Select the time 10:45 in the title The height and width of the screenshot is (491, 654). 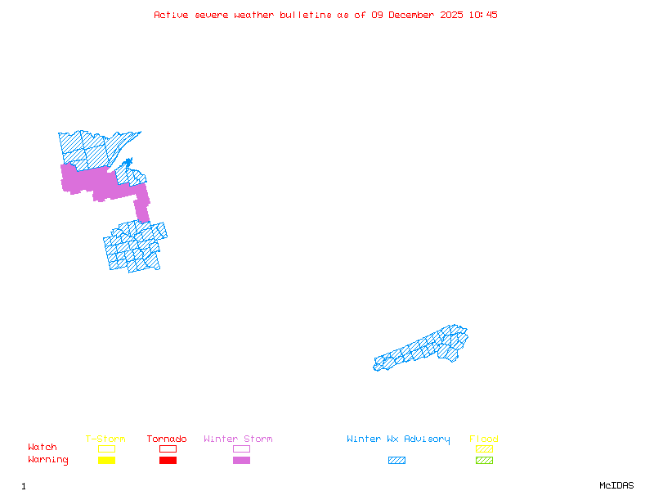[x=485, y=15]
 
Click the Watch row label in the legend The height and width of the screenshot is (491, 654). [x=43, y=448]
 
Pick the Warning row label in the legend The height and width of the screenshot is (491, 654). [x=48, y=460]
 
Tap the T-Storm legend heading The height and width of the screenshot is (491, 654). [x=105, y=439]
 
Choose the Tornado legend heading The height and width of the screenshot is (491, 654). [x=167, y=439]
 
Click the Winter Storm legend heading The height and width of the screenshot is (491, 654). [x=238, y=439]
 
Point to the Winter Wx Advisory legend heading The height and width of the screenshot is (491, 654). [x=398, y=439]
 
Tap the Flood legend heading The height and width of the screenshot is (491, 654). [x=484, y=439]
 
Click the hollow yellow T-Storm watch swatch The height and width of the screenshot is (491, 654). [x=106, y=448]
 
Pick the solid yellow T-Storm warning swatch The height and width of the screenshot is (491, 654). [x=106, y=461]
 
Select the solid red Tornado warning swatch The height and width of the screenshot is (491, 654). [x=168, y=461]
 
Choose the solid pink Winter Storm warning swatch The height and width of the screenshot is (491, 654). [x=241, y=461]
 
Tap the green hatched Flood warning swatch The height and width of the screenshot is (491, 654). [x=484, y=461]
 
